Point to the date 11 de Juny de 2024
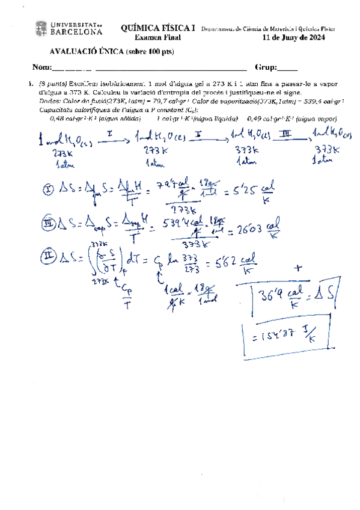[x=295, y=37]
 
